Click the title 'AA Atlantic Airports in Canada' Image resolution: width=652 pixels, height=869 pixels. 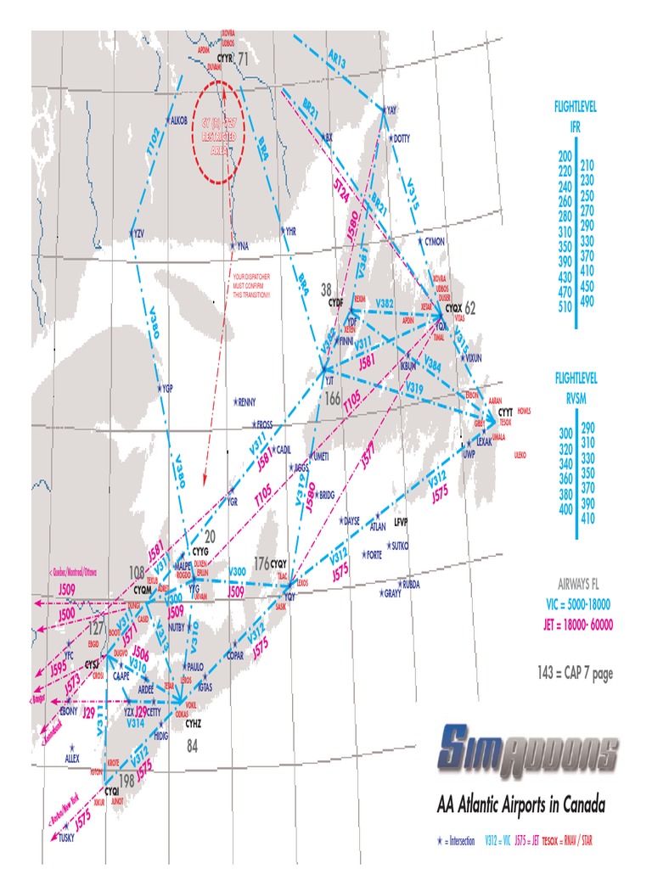tap(520, 804)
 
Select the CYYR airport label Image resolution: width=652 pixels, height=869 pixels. tap(224, 57)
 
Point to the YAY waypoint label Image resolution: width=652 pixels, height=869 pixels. tap(391, 110)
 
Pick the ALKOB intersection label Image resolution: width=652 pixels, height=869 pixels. tap(178, 121)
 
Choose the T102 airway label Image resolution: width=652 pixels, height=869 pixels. tap(154, 146)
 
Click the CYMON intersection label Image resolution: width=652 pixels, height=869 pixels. tap(434, 242)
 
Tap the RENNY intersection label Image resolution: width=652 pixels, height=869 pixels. tap(247, 401)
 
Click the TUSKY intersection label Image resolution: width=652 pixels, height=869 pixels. tap(66, 837)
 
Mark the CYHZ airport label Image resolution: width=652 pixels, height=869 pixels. tap(194, 723)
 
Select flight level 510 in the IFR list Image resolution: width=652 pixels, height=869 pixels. tap(565, 307)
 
